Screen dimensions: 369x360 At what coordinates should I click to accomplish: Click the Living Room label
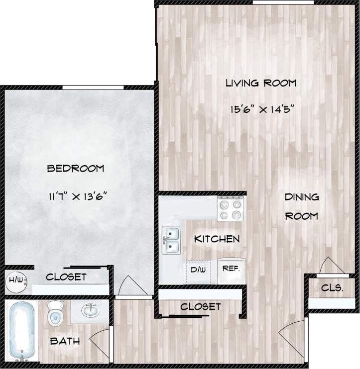pos(260,83)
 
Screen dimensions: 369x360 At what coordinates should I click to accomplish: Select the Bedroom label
pos(75,169)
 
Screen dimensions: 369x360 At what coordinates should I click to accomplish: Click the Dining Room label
pos(301,206)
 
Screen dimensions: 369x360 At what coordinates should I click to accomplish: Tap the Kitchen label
pos(216,239)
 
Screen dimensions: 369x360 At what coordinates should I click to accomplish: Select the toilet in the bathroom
pos(54,313)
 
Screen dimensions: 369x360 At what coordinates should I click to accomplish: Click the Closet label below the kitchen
pos(200,307)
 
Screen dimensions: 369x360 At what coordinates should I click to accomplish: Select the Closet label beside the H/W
pos(66,277)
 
